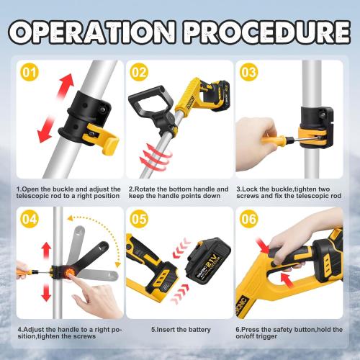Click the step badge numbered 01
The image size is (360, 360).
[x=29, y=72]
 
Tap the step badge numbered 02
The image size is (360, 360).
[x=138, y=72]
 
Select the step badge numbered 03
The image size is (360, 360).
[x=248, y=72]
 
